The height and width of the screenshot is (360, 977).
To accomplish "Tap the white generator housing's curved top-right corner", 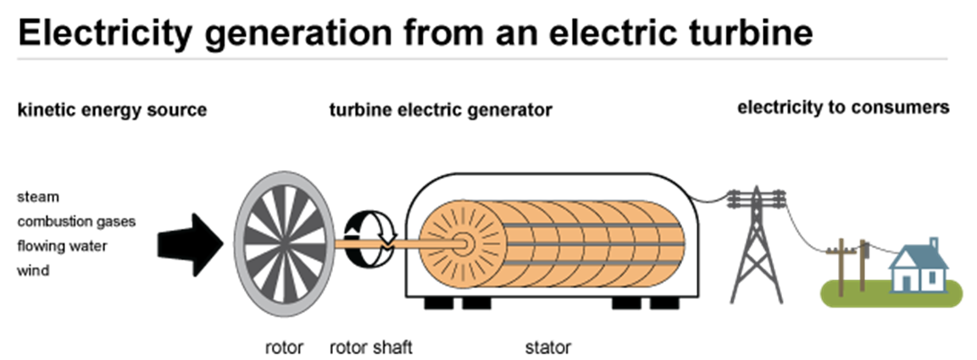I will pos(683,191).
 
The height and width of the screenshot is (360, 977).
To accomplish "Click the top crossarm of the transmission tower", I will pos(754,199).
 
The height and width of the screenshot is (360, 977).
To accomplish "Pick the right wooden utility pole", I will pos(863,264).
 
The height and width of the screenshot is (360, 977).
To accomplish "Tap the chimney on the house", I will pos(934,244).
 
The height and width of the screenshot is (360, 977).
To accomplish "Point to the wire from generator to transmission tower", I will pos(710,202).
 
